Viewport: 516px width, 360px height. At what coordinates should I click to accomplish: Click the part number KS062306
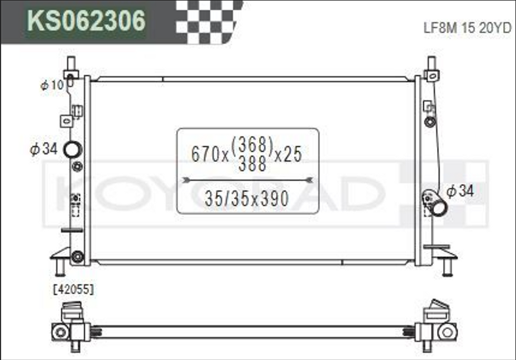[x=86, y=20]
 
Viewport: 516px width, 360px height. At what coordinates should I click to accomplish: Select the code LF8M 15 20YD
[x=467, y=28]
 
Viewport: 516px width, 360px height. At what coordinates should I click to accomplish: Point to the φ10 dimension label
[x=52, y=85]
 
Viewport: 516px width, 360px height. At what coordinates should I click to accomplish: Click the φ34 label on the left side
[x=44, y=149]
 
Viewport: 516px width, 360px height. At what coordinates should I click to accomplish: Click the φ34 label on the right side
[x=460, y=191]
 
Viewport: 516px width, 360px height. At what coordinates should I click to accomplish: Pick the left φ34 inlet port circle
[x=72, y=150]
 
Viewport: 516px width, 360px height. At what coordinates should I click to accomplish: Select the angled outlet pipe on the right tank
[x=435, y=202]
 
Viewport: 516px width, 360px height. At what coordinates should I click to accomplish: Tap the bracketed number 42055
[x=74, y=290]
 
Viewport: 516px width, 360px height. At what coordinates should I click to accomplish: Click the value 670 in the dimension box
[x=206, y=154]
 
